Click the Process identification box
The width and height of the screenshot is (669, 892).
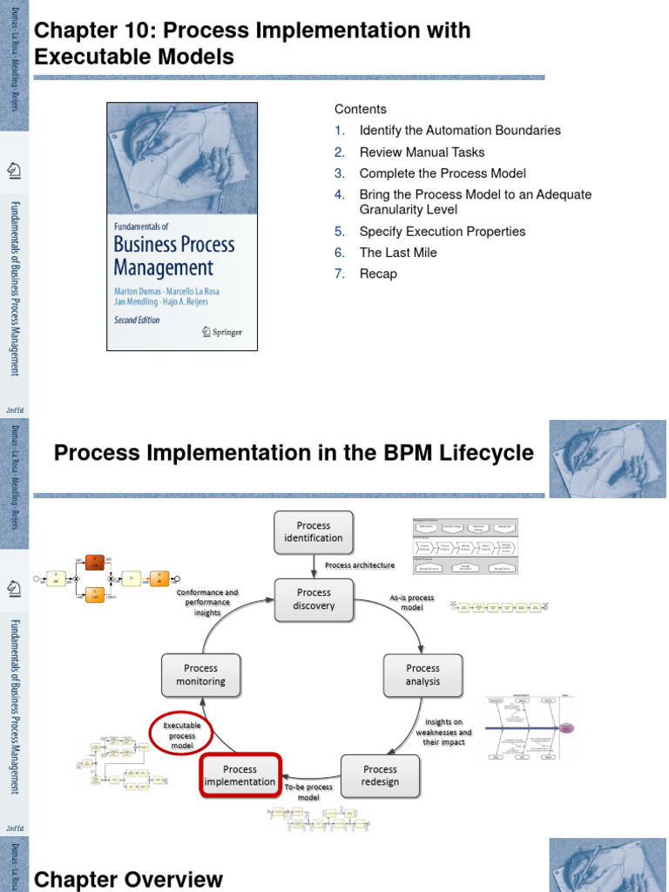(314, 531)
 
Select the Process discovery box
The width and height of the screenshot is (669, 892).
(314, 598)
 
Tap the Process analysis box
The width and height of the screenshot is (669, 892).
(422, 675)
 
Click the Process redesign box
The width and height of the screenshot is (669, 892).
(380, 775)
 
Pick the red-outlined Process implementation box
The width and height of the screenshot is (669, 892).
(240, 775)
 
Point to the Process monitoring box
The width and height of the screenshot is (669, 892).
(201, 675)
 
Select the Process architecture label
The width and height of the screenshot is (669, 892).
(359, 565)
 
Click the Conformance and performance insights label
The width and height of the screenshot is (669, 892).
(207, 602)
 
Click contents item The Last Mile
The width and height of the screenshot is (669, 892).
(398, 253)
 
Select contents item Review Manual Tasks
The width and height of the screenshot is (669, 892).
(422, 152)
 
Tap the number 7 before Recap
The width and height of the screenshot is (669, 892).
(341, 274)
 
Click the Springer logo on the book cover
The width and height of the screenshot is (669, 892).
(222, 331)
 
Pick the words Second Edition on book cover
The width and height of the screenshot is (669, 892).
(143, 320)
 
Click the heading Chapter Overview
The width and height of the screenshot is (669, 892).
(128, 880)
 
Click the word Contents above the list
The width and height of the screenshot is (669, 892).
(360, 109)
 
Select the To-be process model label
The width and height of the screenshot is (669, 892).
(309, 792)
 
